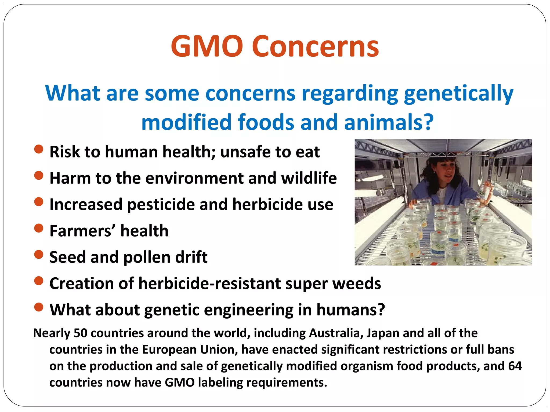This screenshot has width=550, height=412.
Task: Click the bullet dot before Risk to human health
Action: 39,149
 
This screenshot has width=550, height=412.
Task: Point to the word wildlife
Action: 309,178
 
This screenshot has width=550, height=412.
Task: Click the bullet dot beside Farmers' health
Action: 39,228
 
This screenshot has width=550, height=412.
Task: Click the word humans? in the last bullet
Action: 351,310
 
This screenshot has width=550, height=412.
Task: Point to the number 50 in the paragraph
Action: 81,333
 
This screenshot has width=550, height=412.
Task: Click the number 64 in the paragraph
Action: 515,366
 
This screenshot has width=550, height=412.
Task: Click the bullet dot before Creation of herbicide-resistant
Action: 39,281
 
